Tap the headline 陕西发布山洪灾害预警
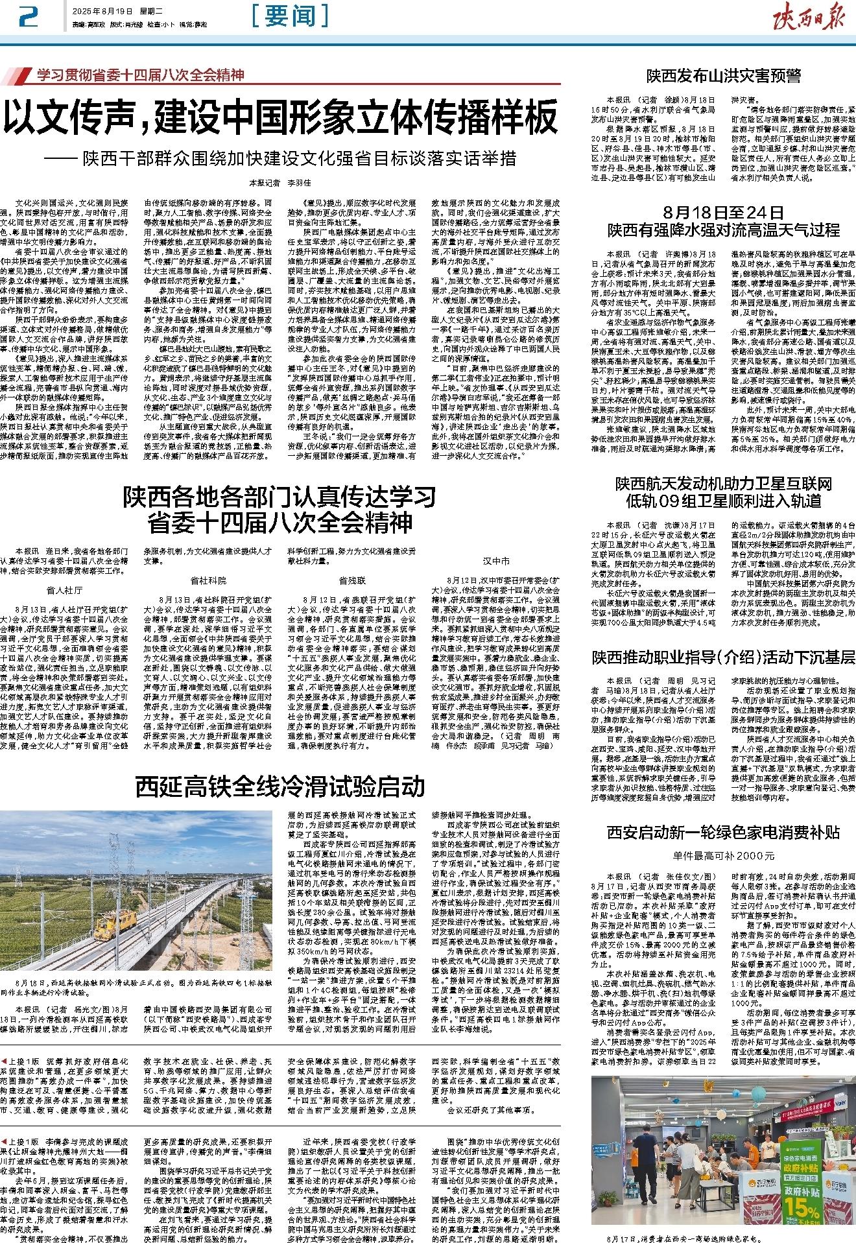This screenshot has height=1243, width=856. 723,76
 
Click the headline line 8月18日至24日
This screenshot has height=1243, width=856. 723,213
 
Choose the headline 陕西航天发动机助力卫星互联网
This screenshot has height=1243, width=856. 723,484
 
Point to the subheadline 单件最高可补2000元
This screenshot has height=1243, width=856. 723,856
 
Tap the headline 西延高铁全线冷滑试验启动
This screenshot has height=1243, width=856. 281,787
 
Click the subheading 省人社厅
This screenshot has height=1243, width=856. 65,590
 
